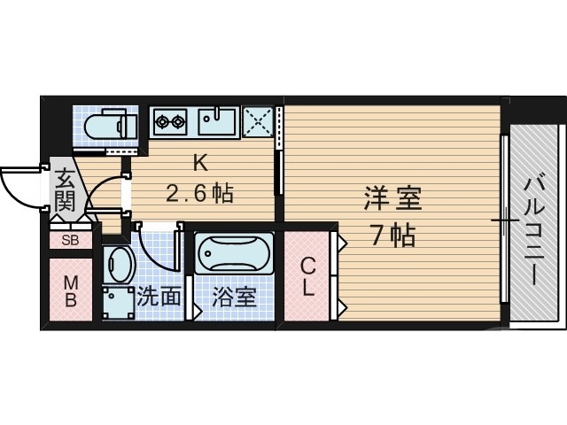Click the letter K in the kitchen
coord(200,163)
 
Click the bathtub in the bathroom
coord(234,255)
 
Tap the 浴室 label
coord(235,297)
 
